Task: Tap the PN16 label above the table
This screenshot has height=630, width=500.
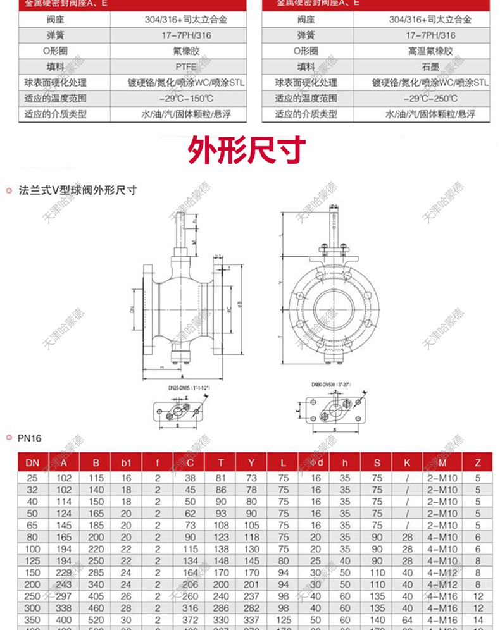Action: (30, 437)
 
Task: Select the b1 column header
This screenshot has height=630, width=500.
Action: (127, 463)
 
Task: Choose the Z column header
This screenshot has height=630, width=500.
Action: (478, 463)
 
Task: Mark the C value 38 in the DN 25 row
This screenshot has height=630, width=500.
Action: (189, 478)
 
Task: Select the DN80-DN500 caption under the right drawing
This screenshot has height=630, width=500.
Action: (331, 384)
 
